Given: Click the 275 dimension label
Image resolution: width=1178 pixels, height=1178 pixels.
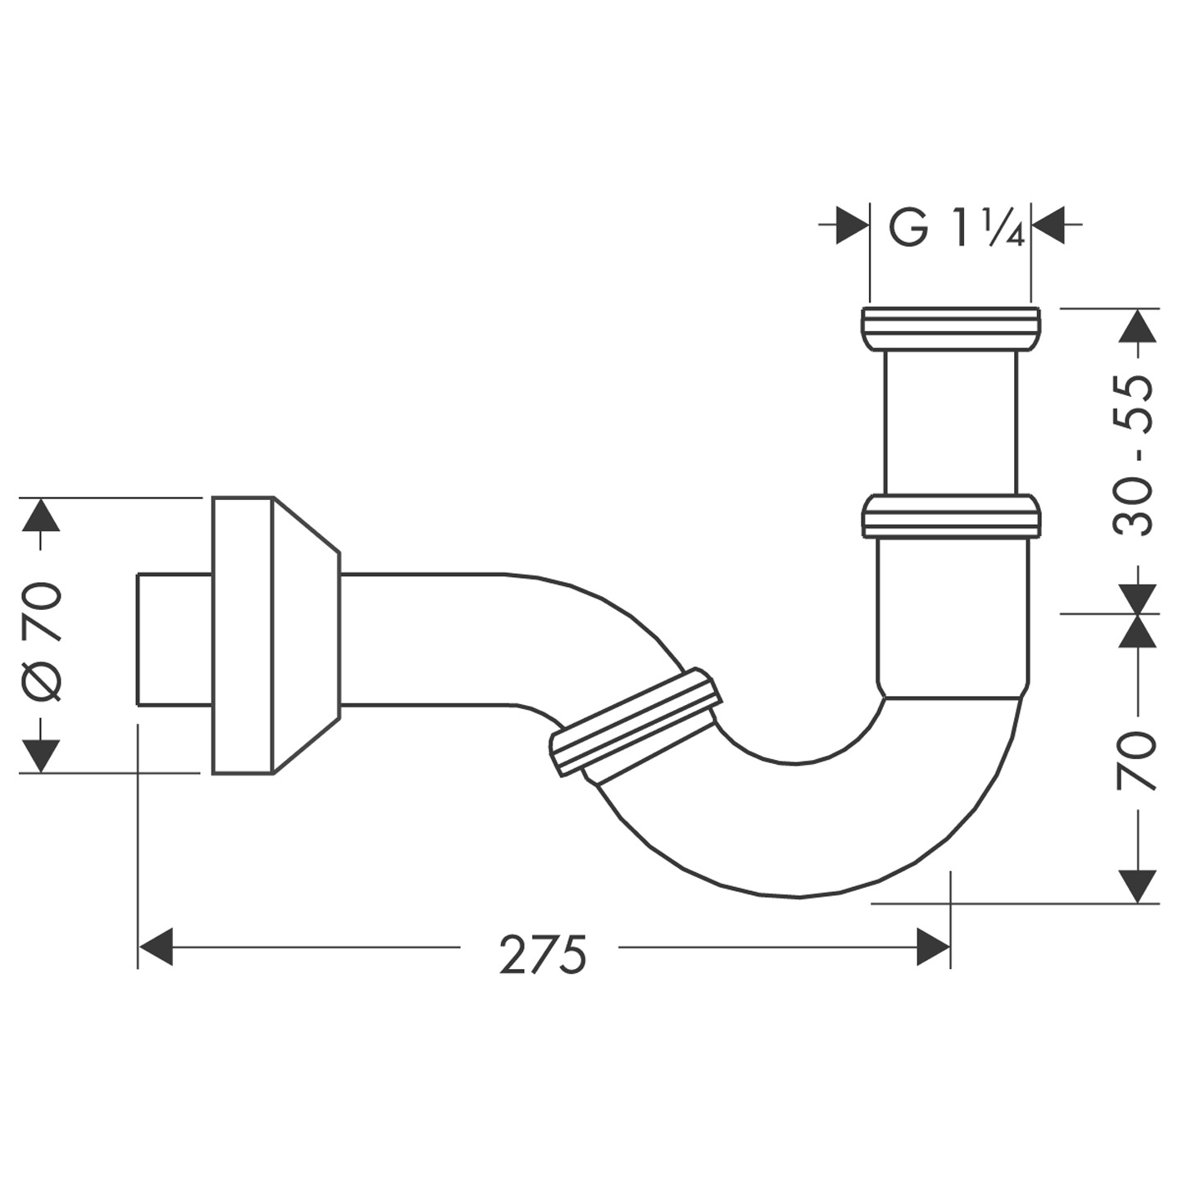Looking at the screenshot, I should click(543, 953).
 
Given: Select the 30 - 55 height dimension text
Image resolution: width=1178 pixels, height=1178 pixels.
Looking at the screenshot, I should click(1135, 456).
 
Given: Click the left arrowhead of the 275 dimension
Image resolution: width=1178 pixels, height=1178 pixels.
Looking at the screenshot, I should click(156, 947).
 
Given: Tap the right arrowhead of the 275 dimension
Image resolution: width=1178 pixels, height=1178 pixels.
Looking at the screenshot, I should click(933, 947).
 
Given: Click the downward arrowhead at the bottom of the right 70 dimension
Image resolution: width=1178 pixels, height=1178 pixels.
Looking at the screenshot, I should click(1139, 886).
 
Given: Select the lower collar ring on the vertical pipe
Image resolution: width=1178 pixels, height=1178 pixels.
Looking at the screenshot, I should click(951, 516).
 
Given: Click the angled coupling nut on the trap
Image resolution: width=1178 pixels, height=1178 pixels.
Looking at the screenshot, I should click(635, 722).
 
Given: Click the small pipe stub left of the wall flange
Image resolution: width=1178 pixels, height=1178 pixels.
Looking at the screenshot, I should click(174, 639).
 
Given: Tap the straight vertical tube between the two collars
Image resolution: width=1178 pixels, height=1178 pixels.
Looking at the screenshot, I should click(951, 422).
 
